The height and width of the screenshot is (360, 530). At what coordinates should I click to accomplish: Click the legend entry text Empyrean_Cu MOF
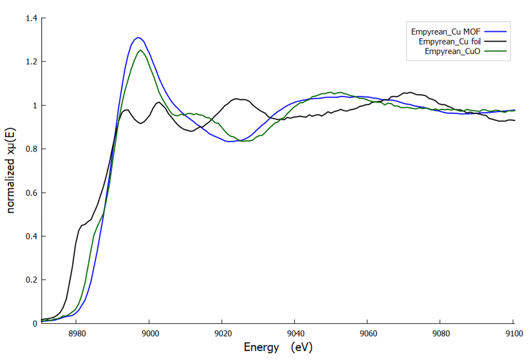point(446,32)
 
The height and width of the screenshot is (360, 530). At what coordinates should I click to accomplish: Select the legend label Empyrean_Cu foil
point(450,42)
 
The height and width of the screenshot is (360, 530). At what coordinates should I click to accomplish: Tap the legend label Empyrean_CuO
point(453,52)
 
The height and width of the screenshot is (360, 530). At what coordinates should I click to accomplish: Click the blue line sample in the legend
point(495,32)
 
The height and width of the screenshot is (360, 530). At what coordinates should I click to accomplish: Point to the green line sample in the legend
point(495,51)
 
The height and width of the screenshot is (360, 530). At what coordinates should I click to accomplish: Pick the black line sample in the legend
point(495,41)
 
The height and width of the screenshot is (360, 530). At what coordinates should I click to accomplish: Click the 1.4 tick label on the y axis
point(32,18)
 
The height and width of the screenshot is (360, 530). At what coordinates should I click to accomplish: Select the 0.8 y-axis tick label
point(32,149)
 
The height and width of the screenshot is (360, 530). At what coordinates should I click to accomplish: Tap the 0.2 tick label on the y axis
point(32,280)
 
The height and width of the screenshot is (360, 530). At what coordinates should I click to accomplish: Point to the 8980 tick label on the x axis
point(77,334)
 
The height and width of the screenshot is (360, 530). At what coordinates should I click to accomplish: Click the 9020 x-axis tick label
point(223,334)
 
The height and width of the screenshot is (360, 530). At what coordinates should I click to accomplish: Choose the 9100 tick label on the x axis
point(514,334)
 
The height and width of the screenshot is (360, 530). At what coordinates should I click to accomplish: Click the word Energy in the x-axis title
point(261,348)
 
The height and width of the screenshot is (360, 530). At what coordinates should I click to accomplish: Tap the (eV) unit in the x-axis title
point(302,347)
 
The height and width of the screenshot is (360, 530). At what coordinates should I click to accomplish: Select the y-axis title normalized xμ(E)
point(10,171)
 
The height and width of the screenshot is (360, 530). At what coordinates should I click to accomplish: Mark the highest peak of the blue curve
point(138,37)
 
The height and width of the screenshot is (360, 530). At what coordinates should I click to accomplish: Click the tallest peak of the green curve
point(140,50)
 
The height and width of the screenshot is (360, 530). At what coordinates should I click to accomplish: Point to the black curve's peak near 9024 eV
point(237,99)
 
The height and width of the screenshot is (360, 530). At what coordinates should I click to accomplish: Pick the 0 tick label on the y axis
point(35,323)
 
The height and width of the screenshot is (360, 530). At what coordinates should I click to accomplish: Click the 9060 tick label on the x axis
point(368,334)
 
